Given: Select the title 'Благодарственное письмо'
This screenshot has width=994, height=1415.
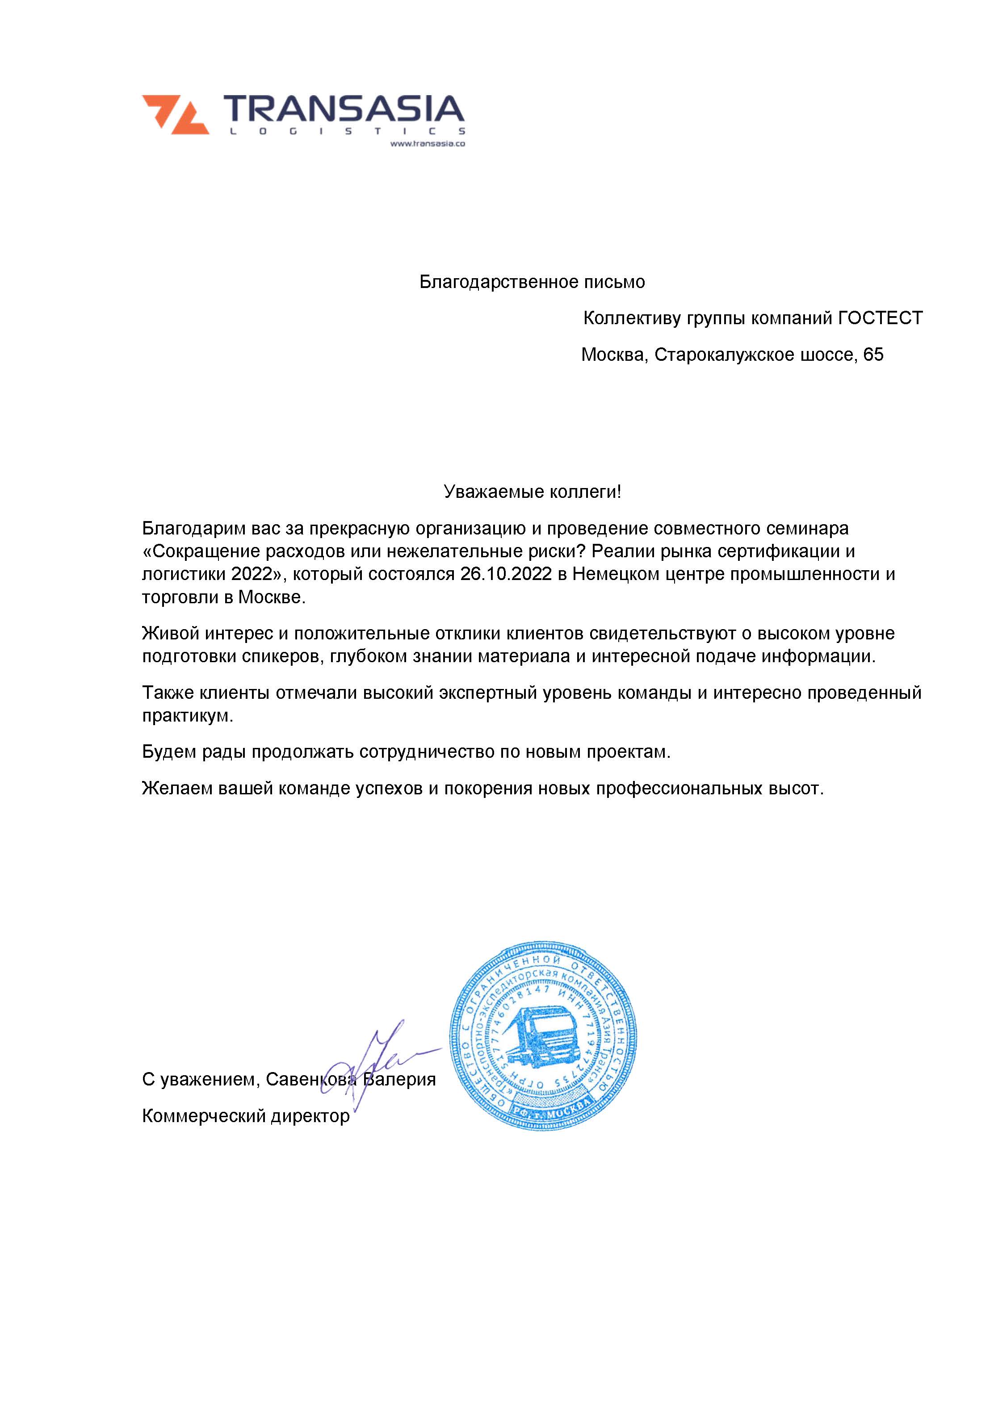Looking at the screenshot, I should coord(532,282).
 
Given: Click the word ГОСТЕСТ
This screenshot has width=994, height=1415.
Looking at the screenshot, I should coord(880,318).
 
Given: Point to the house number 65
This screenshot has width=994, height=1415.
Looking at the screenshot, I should coord(873,355).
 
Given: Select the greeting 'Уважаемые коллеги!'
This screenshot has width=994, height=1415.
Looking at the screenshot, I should coord(532,492).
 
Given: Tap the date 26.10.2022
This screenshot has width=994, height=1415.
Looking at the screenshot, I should coord(505,574).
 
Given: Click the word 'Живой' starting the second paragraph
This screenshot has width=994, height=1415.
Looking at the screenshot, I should coord(167,634).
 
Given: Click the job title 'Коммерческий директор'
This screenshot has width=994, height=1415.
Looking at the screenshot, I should coord(245,1116).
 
